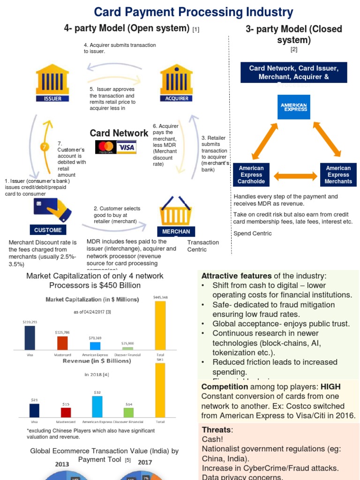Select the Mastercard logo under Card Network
click(x=105, y=147)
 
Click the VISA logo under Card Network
click(x=126, y=147)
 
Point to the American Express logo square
click(x=294, y=107)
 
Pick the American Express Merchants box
click(x=338, y=174)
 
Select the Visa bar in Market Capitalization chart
click(x=30, y=337)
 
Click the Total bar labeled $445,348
click(x=160, y=325)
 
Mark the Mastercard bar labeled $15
click(x=66, y=412)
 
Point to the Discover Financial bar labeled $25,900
click(x=127, y=348)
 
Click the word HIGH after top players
click(x=330, y=387)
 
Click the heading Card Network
click(x=119, y=133)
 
